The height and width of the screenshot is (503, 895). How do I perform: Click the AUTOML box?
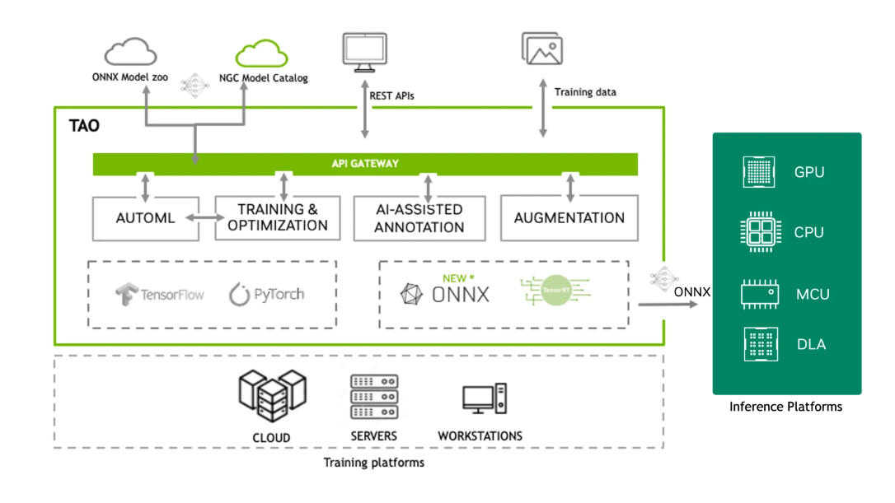click(146, 218)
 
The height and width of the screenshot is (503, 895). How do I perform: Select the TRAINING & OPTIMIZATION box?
click(278, 218)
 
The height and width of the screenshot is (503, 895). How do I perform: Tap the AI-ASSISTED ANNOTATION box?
click(419, 218)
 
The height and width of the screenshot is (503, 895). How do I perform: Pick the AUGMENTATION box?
click(569, 218)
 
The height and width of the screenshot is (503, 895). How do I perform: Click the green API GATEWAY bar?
click(365, 164)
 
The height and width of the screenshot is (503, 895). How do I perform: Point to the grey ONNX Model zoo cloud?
click(130, 54)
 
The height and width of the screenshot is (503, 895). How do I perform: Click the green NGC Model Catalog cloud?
click(261, 54)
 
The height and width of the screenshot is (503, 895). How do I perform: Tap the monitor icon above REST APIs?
click(364, 50)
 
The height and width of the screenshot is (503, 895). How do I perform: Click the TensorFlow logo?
click(160, 294)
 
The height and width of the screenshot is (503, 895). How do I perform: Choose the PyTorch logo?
click(266, 294)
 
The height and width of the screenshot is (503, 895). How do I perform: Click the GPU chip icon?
click(759, 172)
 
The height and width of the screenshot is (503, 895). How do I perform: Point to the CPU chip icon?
click(759, 232)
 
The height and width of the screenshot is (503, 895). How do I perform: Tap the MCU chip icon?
click(759, 294)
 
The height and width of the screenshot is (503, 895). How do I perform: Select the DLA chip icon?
click(759, 344)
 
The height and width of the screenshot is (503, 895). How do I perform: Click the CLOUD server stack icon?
click(271, 396)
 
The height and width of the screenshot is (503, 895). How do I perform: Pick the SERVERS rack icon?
click(374, 397)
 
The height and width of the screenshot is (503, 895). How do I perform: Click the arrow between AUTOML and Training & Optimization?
click(207, 218)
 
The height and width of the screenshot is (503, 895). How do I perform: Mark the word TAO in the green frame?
click(86, 126)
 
